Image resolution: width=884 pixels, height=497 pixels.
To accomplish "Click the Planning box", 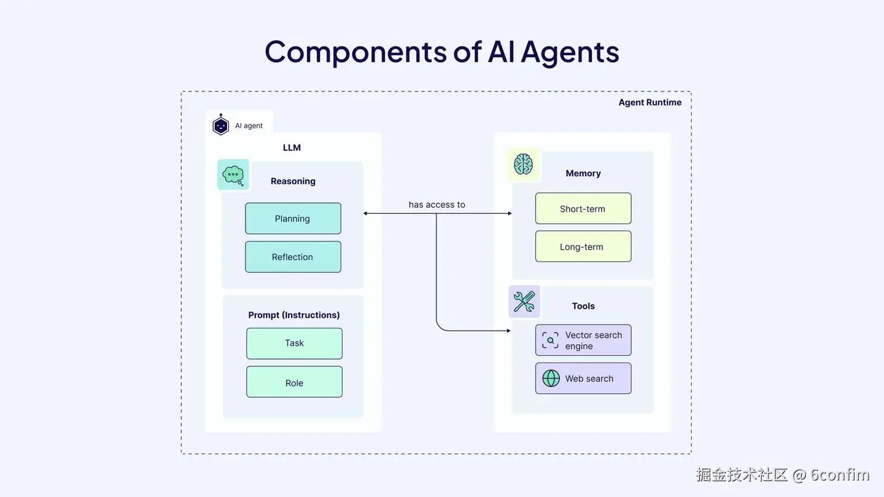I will pos(293,218).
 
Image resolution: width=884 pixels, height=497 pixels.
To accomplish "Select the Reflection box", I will pos(293,256).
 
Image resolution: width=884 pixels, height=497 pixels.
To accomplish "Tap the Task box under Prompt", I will pos(294,343).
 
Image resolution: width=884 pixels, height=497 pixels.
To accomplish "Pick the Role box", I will pos(294,382).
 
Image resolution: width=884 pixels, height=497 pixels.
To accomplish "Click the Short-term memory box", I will pos(583,209).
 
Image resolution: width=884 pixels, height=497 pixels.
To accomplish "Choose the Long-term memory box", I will pos(583,247).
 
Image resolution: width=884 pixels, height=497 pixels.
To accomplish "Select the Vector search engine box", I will pos(583,340).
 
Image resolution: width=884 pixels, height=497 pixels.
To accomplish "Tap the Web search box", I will pos(583,378).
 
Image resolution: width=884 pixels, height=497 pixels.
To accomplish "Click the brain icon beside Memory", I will pos(524,164).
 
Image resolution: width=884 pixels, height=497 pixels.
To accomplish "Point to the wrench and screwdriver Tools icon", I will pos(524,301).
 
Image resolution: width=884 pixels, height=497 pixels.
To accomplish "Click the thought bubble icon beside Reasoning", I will pos(233,175).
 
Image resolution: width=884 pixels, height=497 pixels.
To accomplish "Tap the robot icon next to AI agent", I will pos(220,125).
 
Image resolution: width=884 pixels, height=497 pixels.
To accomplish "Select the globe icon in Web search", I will pos(551,378).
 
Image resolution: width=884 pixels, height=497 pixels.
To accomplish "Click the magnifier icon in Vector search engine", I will pos(550,340).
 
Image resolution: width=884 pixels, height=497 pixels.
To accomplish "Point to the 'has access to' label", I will pos(436,204).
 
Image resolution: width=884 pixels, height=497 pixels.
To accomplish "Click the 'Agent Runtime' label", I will pos(649,102).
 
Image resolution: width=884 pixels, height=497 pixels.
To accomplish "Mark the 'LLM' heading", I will pos(292,147).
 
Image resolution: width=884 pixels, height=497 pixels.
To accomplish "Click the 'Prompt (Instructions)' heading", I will pos(293,315).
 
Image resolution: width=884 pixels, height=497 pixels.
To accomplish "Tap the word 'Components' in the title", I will pos(355,52).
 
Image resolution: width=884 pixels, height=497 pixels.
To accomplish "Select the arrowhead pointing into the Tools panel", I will pos(508,331).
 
